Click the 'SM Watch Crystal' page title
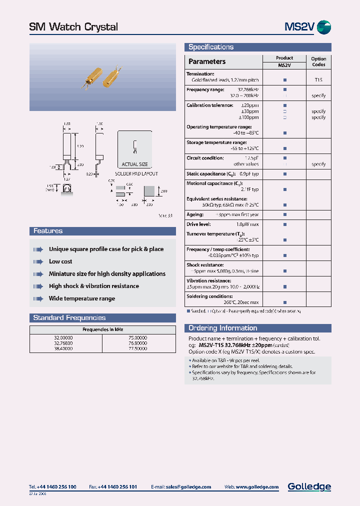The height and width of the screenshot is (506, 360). point(73,27)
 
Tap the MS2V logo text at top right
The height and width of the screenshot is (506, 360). point(299,27)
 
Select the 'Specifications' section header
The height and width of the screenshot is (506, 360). point(210,47)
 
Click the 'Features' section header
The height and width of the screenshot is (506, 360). point(48,231)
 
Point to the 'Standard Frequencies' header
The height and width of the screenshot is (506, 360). point(69,317)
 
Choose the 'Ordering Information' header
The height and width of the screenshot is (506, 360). point(222,328)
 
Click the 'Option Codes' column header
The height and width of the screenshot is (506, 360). point(318,61)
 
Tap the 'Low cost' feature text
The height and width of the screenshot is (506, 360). point(60,261)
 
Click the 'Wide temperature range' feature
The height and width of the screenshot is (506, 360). point(82,298)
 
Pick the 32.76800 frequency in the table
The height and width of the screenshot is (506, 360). point(63,343)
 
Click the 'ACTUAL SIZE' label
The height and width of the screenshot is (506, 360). point(135,164)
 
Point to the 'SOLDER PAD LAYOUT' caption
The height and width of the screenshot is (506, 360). point(136,174)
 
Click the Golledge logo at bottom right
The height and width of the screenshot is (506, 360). point(309,486)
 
